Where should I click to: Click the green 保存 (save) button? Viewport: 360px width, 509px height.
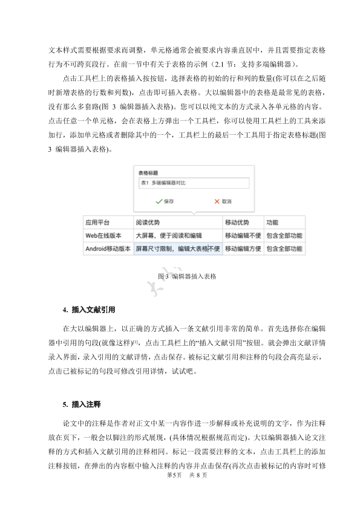165,201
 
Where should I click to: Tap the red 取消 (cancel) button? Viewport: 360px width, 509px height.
222,201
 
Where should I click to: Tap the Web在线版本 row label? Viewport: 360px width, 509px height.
103,235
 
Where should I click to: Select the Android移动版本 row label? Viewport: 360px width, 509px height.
108,248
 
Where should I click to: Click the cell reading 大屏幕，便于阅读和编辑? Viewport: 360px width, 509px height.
169,235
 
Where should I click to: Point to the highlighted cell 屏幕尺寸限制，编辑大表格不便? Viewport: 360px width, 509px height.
177,248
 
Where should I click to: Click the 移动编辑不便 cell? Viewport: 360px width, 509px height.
243,235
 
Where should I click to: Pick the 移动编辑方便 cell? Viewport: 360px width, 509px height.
243,248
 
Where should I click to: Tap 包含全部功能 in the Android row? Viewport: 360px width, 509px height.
284,248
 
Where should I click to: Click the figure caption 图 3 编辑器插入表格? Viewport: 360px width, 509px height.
186,276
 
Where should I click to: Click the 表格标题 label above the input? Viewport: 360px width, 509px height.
148,172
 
